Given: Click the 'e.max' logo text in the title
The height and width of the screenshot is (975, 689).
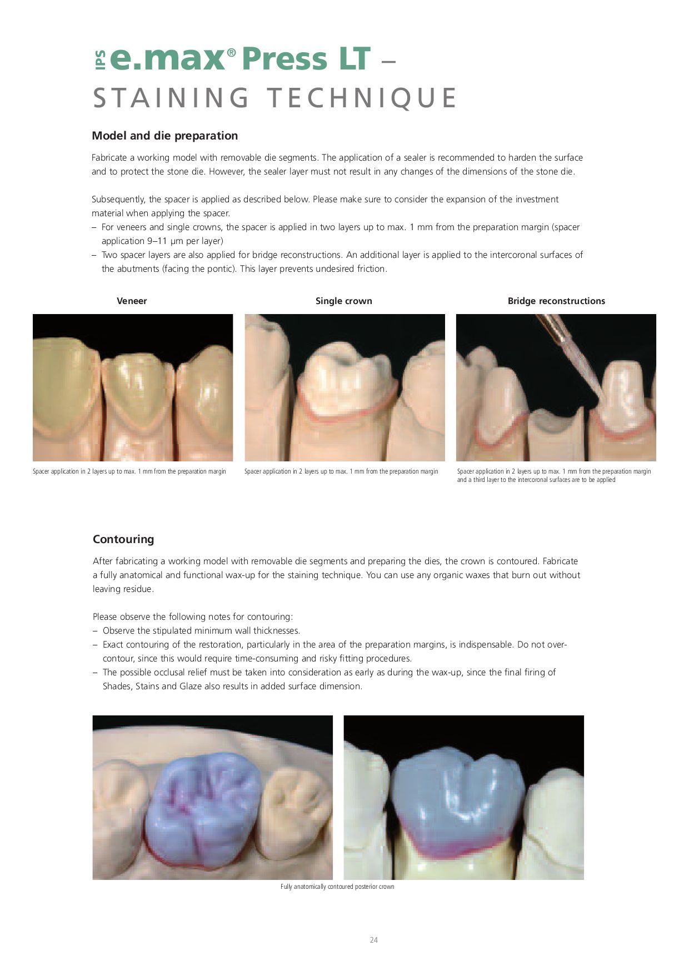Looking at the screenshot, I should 167,58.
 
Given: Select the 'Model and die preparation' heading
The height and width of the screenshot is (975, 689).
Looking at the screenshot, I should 164,136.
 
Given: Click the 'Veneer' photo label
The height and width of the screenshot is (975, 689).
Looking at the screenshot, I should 132,301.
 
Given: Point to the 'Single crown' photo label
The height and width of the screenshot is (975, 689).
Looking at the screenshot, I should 343,301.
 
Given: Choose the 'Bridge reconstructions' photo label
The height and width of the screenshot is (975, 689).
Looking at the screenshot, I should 556,301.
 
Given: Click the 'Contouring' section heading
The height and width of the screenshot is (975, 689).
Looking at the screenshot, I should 123,539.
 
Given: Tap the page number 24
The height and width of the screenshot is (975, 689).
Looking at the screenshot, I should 373,940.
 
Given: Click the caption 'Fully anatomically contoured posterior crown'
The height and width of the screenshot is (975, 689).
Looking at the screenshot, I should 337,887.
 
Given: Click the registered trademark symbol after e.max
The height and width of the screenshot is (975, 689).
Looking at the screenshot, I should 231,52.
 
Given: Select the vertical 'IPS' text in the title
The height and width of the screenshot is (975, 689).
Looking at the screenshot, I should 100,60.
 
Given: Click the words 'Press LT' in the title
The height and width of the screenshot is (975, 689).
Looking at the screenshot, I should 306,58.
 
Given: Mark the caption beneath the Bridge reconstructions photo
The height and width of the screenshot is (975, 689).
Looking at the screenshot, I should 553,475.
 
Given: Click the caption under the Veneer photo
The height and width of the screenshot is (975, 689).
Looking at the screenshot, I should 129,471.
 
